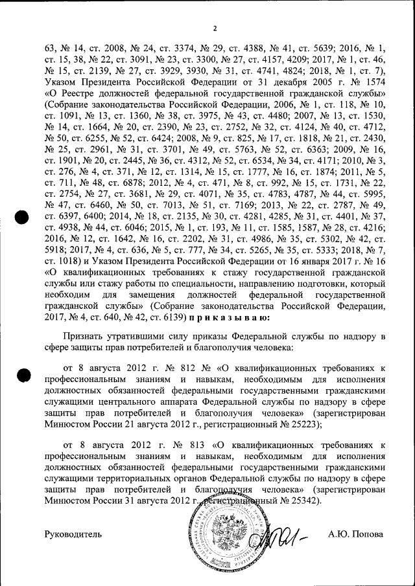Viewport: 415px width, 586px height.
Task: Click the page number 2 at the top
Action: coord(215,28)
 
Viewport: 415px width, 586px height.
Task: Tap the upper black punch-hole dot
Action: coord(24,219)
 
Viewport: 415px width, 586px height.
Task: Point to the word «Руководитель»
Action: coord(73,535)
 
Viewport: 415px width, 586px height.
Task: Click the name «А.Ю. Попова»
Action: coord(355,535)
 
